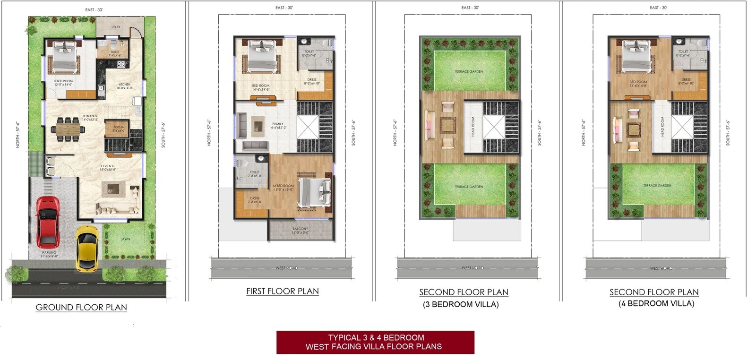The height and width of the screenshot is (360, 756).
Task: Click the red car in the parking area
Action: point(48,222)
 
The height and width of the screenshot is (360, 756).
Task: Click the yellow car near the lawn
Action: point(87,248)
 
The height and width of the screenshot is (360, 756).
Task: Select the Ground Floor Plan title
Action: point(81,308)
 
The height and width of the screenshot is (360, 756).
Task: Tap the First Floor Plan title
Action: point(282,291)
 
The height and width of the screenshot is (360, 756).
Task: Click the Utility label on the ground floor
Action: point(116,27)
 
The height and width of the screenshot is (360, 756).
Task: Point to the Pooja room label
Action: point(119,129)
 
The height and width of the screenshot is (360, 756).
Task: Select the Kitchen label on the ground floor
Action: point(125,86)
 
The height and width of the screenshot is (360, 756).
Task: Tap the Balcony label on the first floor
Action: point(300,230)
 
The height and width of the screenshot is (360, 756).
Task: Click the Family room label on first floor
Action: point(277,126)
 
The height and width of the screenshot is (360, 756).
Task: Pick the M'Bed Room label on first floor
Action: point(283,188)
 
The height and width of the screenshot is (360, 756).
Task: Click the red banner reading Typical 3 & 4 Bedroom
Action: point(375,342)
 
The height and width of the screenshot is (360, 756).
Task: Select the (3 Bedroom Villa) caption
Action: point(461,304)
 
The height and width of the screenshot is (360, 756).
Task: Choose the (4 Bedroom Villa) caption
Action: point(656,304)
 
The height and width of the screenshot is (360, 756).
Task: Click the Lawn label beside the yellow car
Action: point(125,239)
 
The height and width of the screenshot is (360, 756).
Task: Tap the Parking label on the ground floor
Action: point(49,254)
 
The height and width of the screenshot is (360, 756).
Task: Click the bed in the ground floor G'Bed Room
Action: point(64,57)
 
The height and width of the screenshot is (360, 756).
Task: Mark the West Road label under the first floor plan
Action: point(286,268)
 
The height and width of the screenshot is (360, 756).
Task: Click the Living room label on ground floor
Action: point(108,168)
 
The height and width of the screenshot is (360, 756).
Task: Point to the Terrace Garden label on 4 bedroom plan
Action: point(657,186)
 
